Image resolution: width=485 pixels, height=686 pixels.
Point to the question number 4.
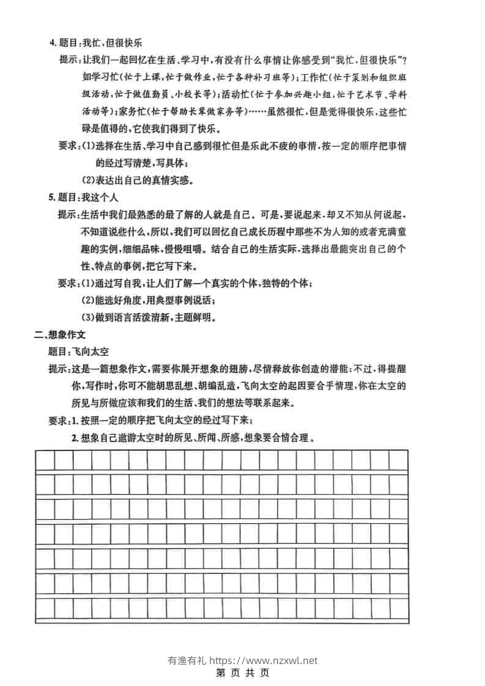pos(51,43)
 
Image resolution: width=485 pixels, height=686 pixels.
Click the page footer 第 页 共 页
pos(243,673)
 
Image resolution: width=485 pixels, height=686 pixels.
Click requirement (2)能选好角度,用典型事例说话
pos(148,300)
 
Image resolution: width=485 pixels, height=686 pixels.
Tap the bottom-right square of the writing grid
pos(399,608)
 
